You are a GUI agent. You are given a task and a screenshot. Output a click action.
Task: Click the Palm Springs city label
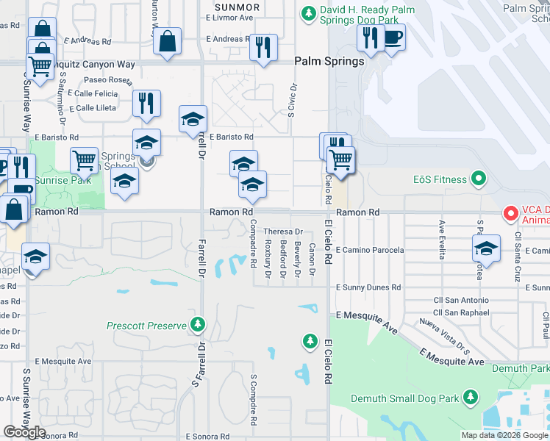click(x=329, y=61)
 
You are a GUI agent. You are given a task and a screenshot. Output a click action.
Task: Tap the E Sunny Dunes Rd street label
click(x=368, y=287)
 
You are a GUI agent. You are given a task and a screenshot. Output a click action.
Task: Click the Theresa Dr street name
click(x=283, y=232)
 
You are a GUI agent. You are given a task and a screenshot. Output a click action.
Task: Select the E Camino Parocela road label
click(x=370, y=250)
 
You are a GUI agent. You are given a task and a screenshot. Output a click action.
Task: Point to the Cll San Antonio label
click(x=461, y=300)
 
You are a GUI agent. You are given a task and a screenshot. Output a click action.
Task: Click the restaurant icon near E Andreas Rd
click(x=262, y=48)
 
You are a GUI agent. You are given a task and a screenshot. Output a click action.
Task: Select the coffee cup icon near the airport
click(x=393, y=38)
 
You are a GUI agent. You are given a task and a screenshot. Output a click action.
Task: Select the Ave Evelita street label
click(x=443, y=239)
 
